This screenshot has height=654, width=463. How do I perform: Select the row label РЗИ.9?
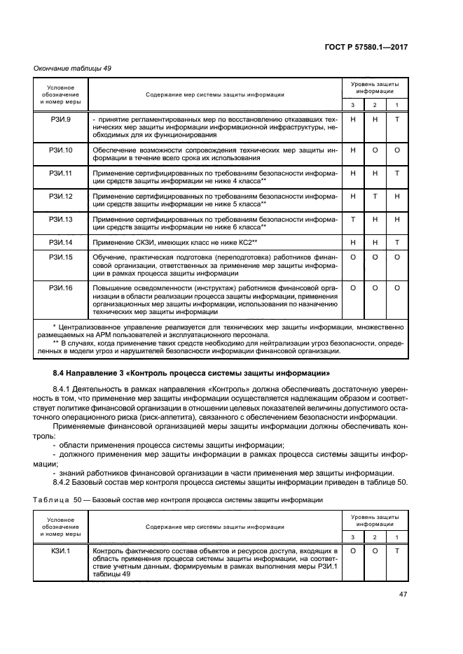[x=60, y=120]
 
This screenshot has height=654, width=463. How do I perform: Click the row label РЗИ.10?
[x=60, y=150]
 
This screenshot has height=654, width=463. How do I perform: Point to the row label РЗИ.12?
[x=60, y=197]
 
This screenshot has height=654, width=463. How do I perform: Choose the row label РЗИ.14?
[x=60, y=241]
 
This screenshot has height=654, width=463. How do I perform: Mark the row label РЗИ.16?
[x=60, y=287]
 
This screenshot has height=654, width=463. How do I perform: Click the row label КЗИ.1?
[x=60, y=551]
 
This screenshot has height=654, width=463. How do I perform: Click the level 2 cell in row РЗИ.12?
[x=375, y=197]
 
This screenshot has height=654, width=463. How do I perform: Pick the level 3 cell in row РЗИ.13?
[x=353, y=219]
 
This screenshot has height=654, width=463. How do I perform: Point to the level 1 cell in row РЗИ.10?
[x=396, y=150]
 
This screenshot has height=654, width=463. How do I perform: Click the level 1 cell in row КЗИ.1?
[x=396, y=551]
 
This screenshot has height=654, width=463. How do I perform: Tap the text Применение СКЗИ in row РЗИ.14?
[x=118, y=242]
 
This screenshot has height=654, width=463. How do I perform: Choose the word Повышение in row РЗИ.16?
[x=111, y=287]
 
